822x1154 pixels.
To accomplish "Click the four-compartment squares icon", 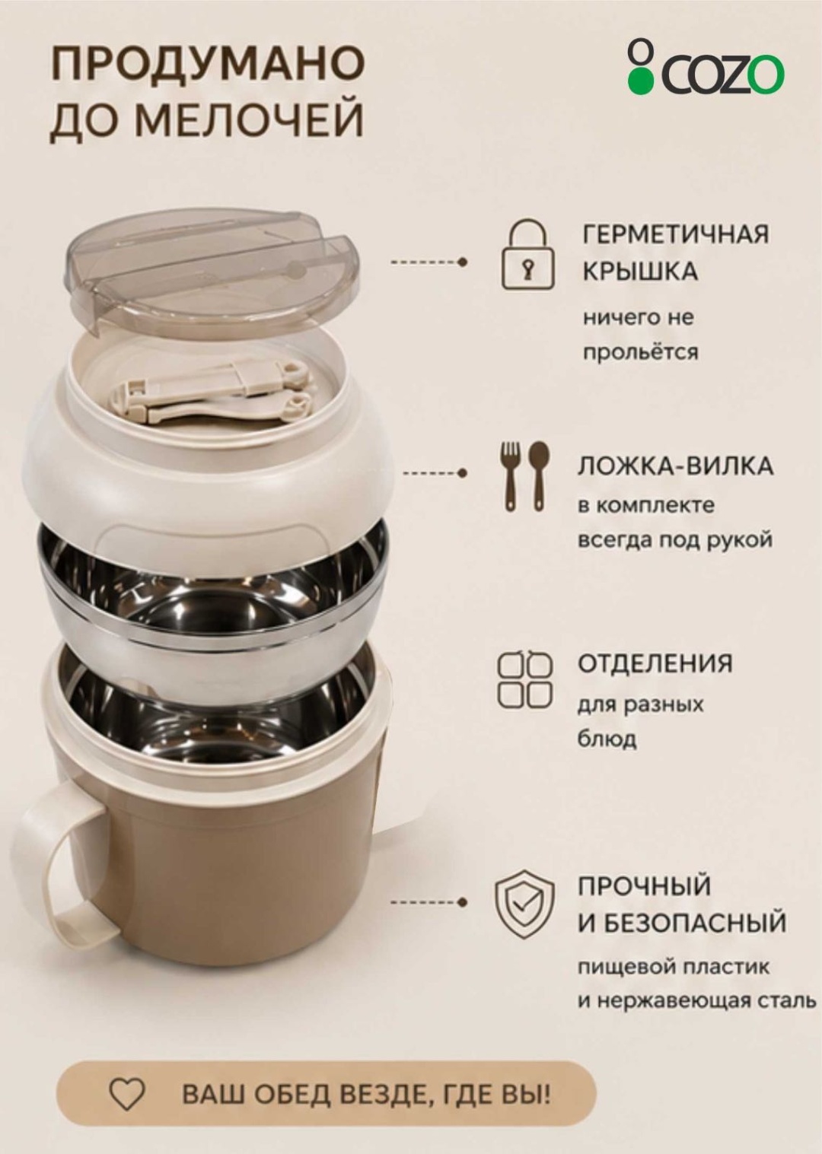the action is point(524,679).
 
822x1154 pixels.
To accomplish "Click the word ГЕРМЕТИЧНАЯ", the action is point(676,234).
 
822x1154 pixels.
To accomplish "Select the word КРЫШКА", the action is point(641,272).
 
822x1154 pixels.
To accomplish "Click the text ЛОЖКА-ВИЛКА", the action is point(675,466).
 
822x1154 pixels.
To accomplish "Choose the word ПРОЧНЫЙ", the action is point(644,886).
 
